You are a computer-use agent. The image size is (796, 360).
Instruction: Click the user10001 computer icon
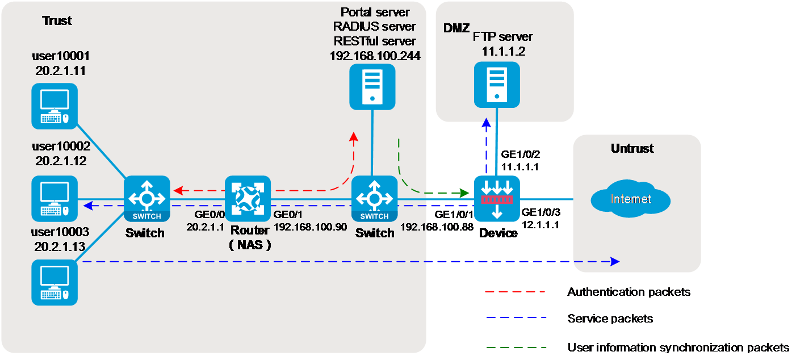(54, 106)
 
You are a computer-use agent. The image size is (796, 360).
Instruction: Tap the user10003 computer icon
(54, 282)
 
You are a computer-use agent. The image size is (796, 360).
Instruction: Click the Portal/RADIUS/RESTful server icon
(372, 86)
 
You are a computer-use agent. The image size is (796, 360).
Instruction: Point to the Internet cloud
(630, 199)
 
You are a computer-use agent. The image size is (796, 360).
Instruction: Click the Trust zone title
(57, 21)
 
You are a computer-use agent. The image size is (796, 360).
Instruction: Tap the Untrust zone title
(632, 149)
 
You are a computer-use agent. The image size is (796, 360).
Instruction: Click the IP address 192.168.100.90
(310, 226)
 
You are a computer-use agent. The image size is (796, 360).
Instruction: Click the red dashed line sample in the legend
(514, 292)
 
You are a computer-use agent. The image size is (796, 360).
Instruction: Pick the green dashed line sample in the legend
(514, 346)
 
